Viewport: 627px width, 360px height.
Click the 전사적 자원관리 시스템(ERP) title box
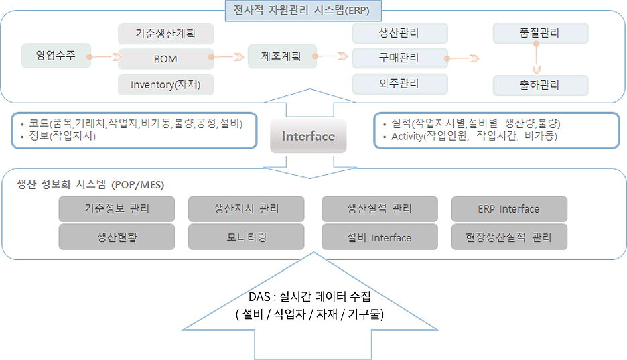(303, 11)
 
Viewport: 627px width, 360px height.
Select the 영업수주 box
(56, 55)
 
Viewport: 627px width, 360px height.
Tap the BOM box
(165, 59)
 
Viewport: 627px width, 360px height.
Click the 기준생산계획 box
(165, 34)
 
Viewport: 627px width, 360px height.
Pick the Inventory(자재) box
(165, 84)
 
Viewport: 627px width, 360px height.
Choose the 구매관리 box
(400, 58)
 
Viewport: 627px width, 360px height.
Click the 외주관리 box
(400, 84)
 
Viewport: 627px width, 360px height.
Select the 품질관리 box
(540, 33)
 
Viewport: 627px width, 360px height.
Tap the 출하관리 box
(540, 85)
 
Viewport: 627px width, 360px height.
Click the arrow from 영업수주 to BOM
(104, 57)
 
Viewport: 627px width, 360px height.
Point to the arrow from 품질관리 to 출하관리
(536, 58)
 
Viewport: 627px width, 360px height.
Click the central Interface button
(308, 136)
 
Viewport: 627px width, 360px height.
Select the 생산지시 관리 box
(247, 208)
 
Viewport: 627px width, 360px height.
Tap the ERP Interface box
(509, 208)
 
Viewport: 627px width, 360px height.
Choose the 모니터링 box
(247, 237)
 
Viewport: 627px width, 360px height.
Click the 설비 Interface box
(379, 237)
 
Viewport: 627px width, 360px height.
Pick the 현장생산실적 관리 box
(509, 237)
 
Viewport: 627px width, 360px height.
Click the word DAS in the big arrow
(259, 297)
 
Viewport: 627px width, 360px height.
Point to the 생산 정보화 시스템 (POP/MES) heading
(90, 184)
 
